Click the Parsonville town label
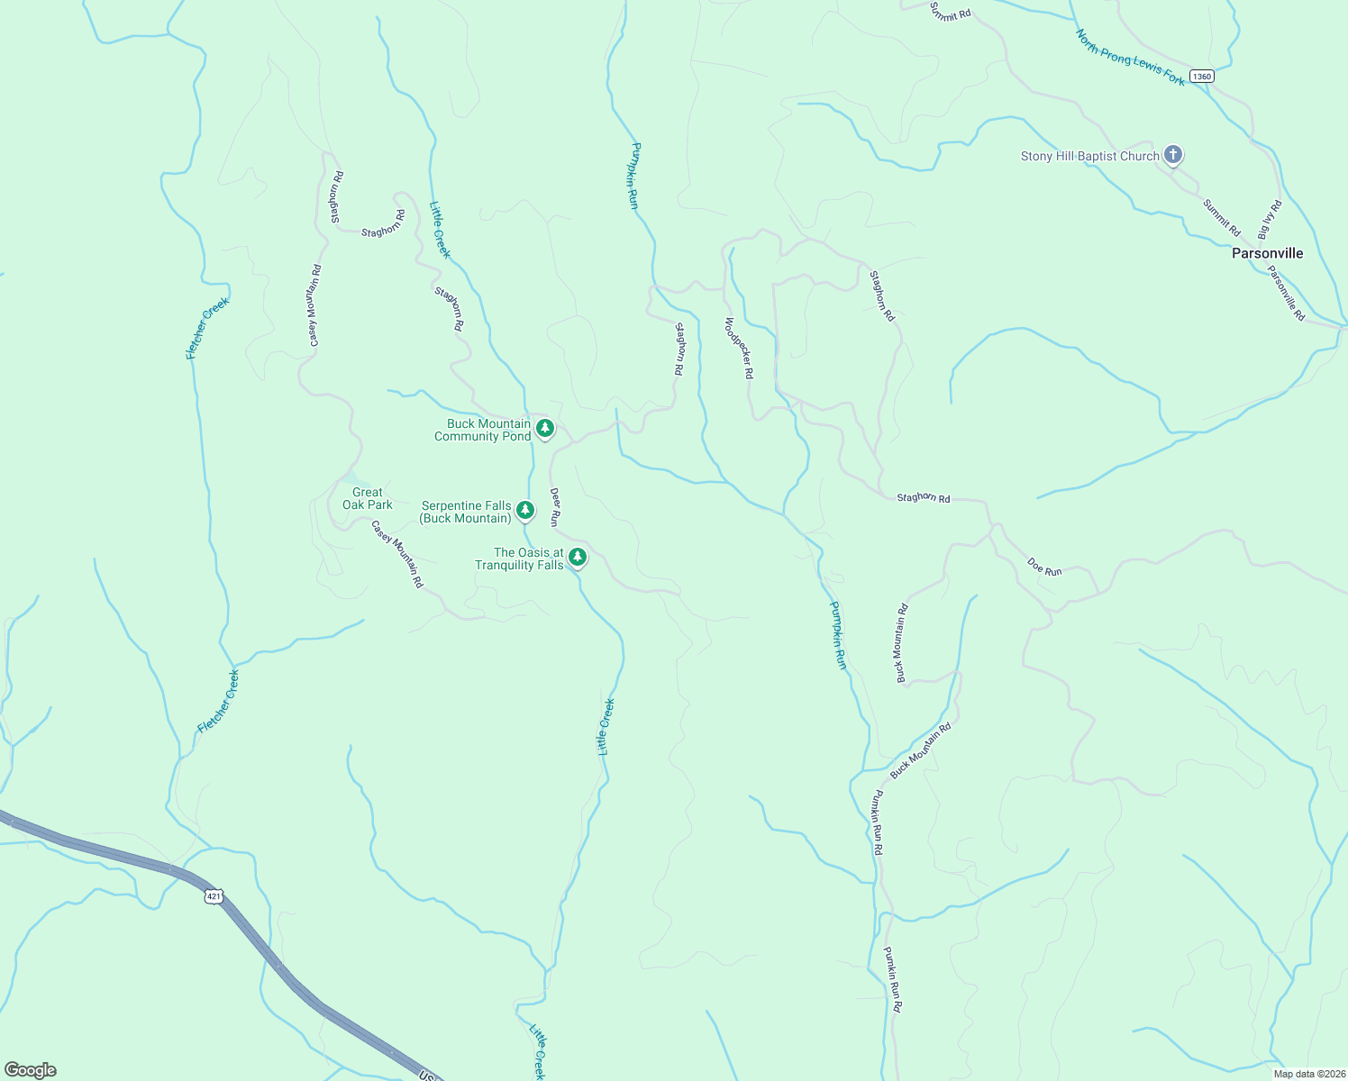coord(1267,253)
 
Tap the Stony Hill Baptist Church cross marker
coord(1172,155)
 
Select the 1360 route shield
coord(1201,77)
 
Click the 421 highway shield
coord(214,896)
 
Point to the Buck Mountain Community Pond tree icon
coord(544,429)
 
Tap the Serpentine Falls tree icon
coord(525,511)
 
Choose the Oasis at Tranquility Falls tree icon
coord(578,558)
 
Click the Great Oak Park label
coord(368,498)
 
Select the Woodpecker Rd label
coord(739,347)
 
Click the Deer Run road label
coord(555,507)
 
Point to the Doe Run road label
coord(1044,566)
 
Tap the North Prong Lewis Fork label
coord(1130,58)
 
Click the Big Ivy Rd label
coord(1270,219)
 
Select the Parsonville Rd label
coord(1286,293)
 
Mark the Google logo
coord(31,1069)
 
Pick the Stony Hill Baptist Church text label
coord(1089,156)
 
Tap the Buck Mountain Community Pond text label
coord(483,430)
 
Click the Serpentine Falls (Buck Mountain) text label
coord(466,512)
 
